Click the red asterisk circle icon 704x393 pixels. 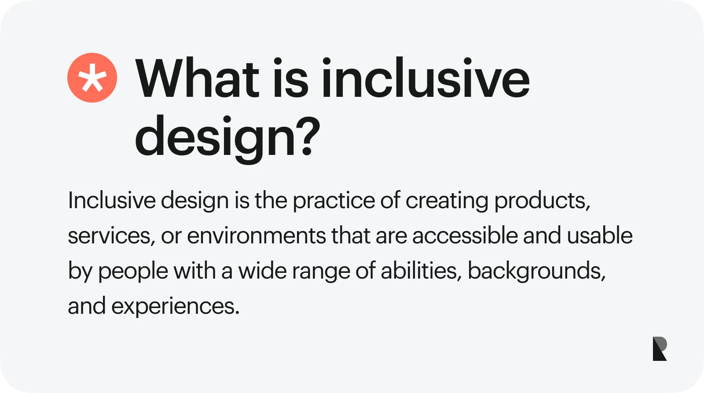click(x=92, y=77)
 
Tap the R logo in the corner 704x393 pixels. click(x=660, y=349)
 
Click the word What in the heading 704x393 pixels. click(x=198, y=78)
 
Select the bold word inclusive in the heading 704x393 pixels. click(x=426, y=77)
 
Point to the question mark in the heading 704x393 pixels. click(x=310, y=136)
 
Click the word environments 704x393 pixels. click(x=256, y=236)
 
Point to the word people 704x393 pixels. click(x=133, y=272)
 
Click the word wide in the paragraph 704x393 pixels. click(x=262, y=270)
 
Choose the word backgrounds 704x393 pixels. click(x=536, y=271)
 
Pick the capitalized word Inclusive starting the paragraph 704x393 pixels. click(x=112, y=200)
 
